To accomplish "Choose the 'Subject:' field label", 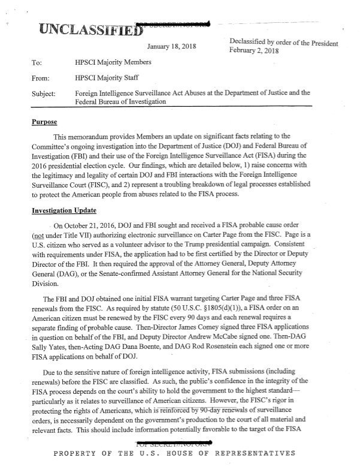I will (43, 94).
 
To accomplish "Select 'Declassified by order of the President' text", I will (284, 43).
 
